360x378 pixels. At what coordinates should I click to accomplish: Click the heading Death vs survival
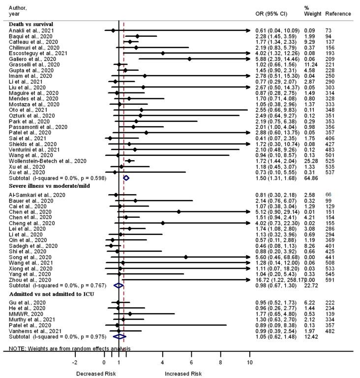click(x=30, y=24)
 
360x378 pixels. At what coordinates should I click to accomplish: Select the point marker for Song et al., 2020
click(x=185, y=257)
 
